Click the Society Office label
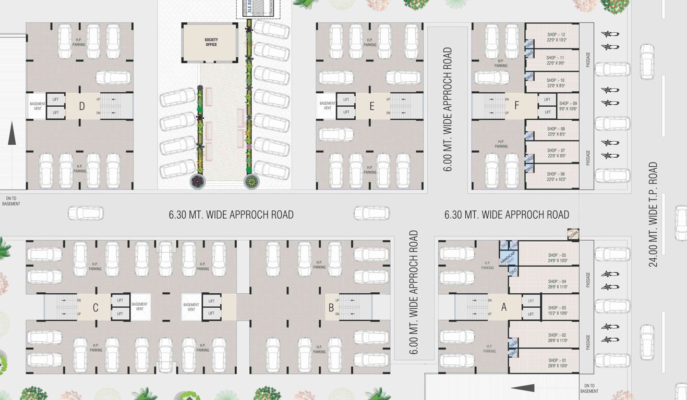coord(211,42)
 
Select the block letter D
coord(82,107)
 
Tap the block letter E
coord(371,107)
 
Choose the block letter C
coord(95,308)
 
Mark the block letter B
coord(331,307)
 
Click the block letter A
coord(504,307)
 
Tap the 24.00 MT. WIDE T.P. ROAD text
coord(653,214)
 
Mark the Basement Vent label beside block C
coord(139,307)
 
